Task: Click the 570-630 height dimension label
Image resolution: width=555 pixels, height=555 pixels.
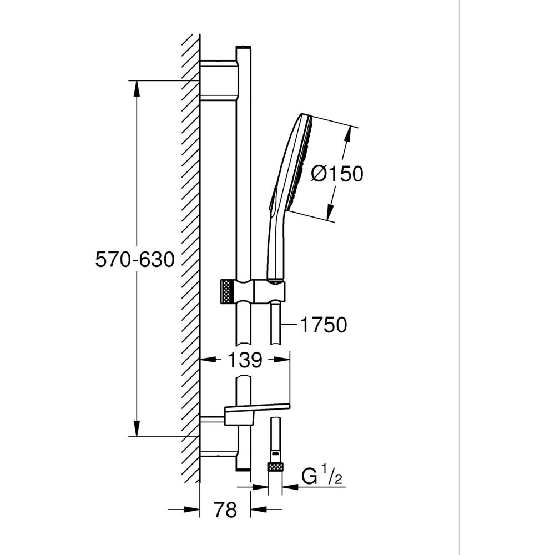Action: point(135,259)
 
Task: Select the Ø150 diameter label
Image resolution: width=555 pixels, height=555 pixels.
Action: point(337,174)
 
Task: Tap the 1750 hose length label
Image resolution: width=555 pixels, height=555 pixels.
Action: point(324,325)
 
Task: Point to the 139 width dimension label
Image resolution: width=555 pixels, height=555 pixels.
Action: point(245,360)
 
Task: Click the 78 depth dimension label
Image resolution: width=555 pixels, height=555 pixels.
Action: point(225,509)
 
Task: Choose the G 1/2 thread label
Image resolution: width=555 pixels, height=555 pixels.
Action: point(322,476)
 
